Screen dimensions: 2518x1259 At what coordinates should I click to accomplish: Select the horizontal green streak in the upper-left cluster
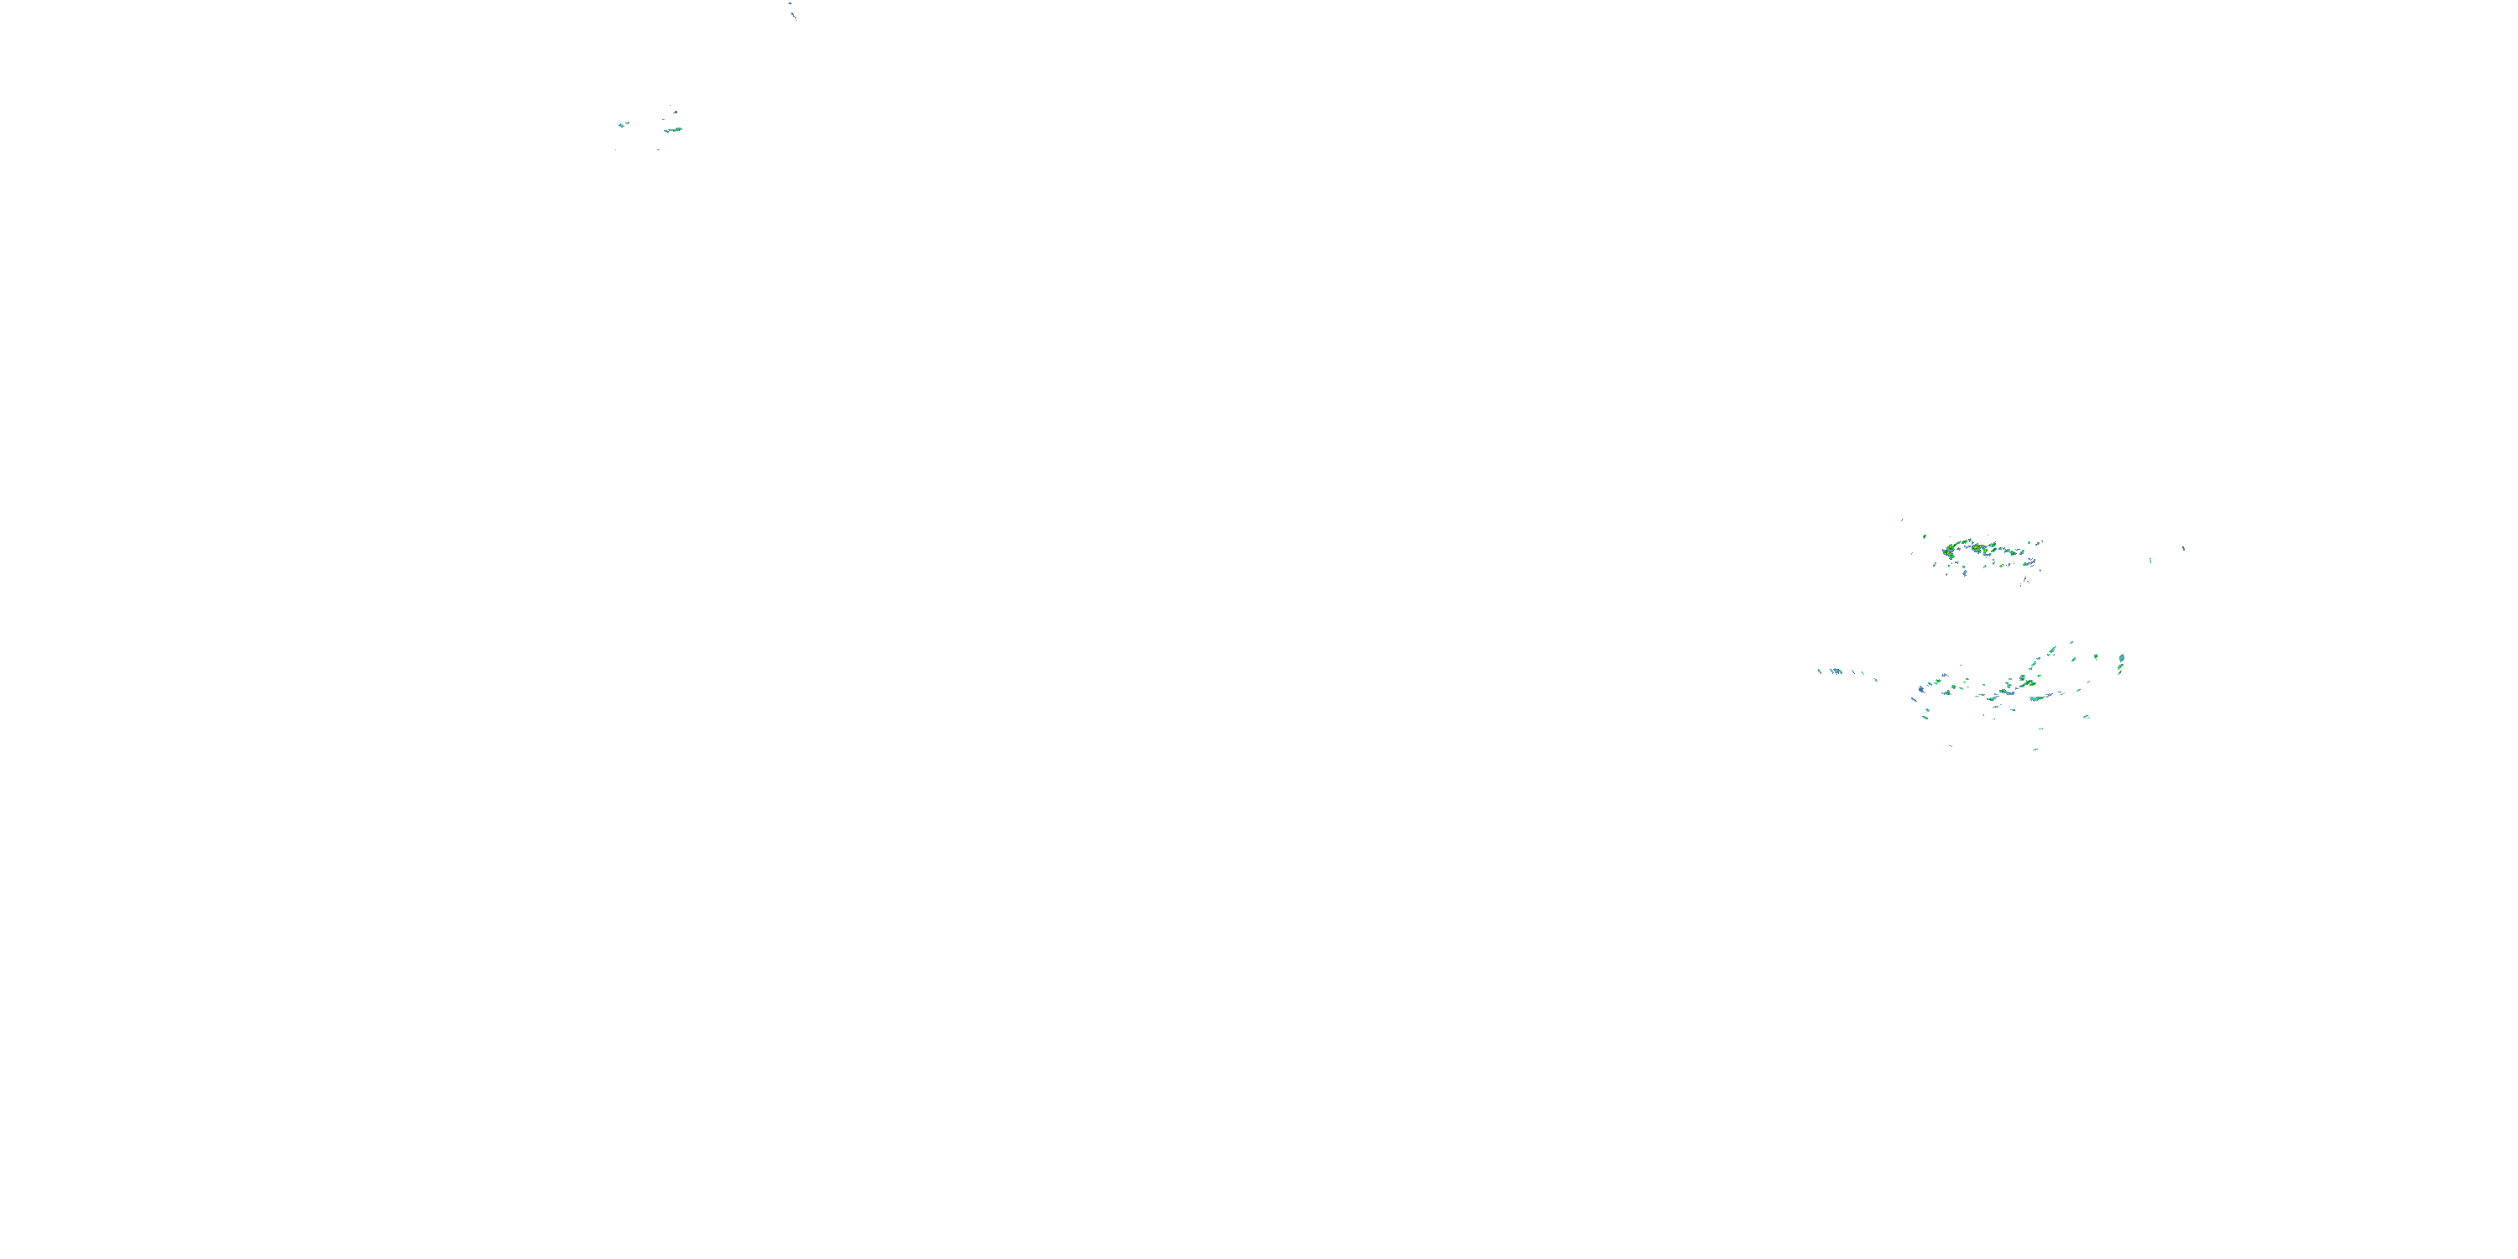pos(672,129)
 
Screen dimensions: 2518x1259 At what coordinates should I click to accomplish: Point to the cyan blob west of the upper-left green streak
pos(624,124)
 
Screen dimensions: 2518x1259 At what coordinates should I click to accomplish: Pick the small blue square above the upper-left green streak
pos(671,109)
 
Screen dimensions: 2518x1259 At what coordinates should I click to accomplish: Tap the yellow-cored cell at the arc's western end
pos(1950,551)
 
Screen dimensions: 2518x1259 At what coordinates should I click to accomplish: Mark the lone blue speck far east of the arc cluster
pos(2184,548)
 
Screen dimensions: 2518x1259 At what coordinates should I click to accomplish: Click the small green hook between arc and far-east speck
pos(2150,560)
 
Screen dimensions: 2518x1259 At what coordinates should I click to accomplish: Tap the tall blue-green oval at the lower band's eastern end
pos(2120,665)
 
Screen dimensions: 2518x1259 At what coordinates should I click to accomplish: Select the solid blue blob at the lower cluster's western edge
pos(1920,690)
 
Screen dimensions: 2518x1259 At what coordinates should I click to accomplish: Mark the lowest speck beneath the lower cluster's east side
pos(2035,749)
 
